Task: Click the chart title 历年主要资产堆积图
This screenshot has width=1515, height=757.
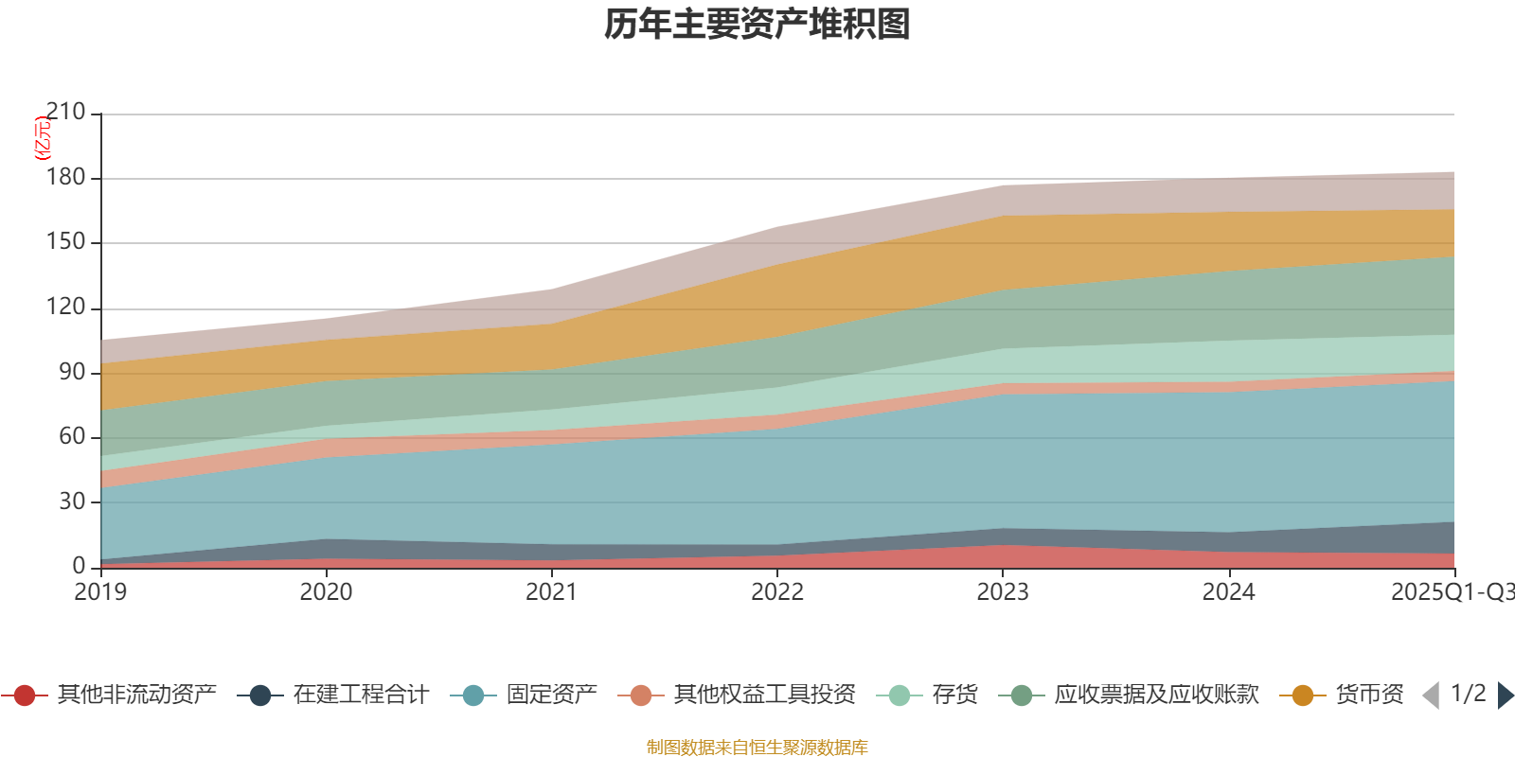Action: point(757,25)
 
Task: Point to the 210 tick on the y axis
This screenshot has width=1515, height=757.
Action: point(65,113)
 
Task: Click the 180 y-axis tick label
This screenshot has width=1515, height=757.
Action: point(65,178)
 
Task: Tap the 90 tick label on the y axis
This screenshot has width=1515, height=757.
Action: point(72,372)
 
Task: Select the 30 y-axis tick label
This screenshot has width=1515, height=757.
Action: point(72,502)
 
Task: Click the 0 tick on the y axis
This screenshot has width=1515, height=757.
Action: point(79,566)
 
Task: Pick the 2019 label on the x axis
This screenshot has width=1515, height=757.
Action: point(100,592)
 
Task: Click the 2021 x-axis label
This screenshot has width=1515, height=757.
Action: point(551,592)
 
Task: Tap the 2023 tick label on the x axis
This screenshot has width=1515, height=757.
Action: point(1003,592)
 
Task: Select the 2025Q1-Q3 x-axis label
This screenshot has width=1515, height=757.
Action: point(1452,592)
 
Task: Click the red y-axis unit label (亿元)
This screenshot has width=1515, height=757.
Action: point(43,138)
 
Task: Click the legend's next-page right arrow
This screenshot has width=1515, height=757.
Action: point(1505,695)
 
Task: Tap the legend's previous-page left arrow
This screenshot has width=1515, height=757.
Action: point(1431,695)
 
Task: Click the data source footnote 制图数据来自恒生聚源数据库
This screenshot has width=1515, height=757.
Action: point(757,748)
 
